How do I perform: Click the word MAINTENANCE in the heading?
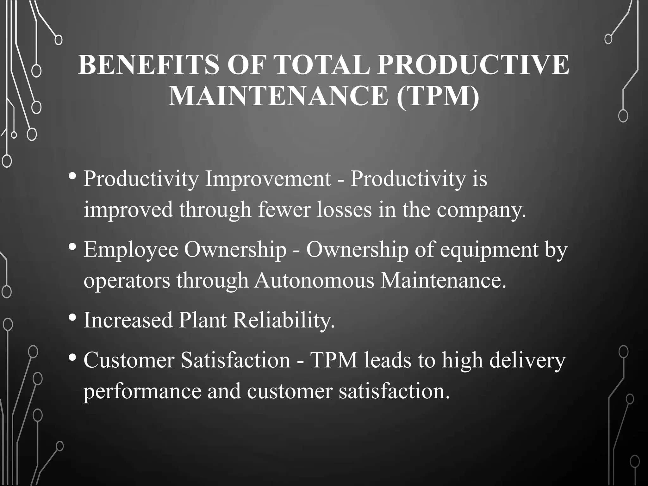(x=278, y=96)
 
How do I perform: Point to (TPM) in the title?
(x=438, y=96)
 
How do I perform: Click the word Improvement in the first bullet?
(x=268, y=179)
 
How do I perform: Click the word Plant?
(x=202, y=320)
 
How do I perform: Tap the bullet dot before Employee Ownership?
(x=72, y=246)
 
